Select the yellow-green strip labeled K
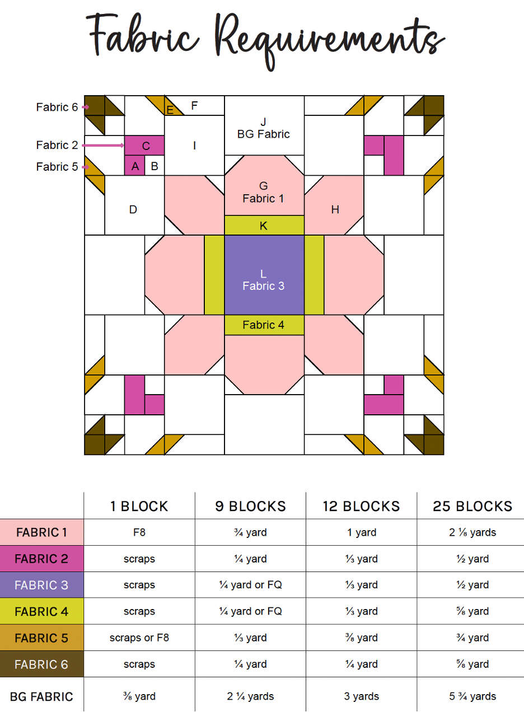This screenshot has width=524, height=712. coord(264,225)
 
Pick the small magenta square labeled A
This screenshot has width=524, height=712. coord(134,166)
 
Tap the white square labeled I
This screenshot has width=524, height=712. coord(194,146)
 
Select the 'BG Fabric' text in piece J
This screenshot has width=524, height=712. coord(264,134)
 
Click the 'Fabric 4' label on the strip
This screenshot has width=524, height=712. coord(264,325)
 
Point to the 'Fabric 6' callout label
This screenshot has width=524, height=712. coord(57,107)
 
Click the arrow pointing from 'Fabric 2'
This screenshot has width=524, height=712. coord(104,146)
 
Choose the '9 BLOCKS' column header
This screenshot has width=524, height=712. coord(250,507)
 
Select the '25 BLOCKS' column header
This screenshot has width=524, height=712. coord(472,507)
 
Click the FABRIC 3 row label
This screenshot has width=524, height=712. coord(41,585)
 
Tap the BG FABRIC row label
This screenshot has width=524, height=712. coord(41,697)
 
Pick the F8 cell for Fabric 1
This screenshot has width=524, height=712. coord(139,532)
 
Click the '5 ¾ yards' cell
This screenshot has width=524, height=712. coord(472,697)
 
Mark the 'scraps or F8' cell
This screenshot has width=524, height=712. coord(139,638)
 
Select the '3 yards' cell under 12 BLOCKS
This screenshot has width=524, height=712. coord(361,697)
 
